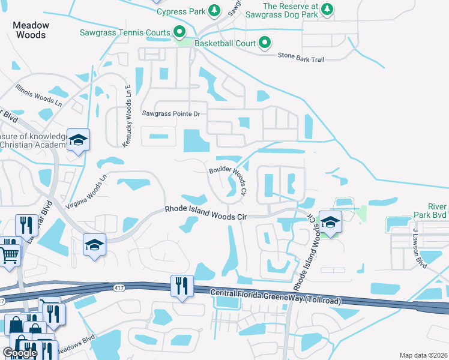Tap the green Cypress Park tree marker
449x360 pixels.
pos(214,11)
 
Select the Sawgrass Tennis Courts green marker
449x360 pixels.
pos(179,31)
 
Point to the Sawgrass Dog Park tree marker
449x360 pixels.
pos(327,8)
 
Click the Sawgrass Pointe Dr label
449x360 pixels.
pos(170,113)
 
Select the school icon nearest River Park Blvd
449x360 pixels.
pos(330,222)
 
